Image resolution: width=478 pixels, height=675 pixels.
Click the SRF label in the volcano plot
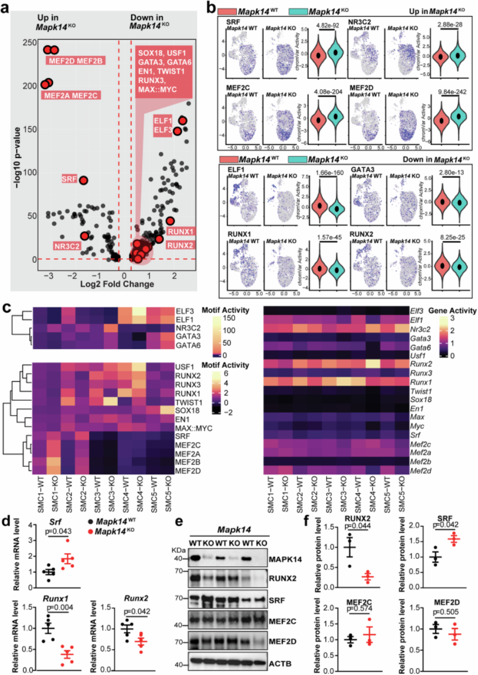point(68,180)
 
